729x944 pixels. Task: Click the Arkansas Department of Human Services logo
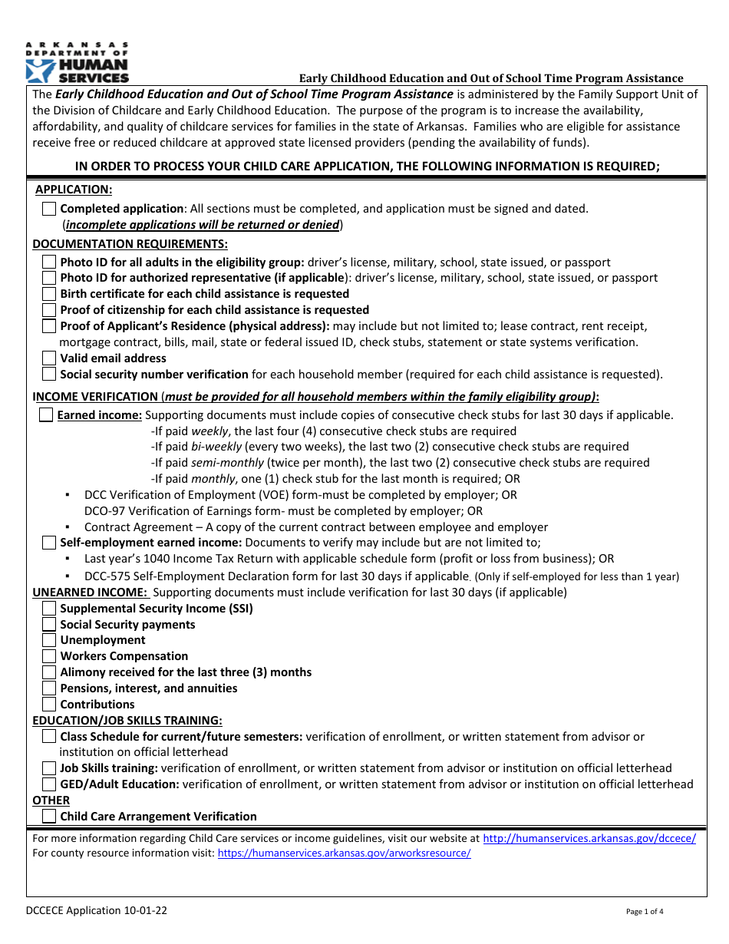click(x=77, y=63)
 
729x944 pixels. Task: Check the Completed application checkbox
click(x=49, y=209)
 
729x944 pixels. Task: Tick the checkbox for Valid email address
click(x=49, y=358)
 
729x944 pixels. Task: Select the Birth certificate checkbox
click(x=49, y=294)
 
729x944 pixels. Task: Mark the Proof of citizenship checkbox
click(x=49, y=310)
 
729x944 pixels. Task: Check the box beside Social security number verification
click(x=49, y=375)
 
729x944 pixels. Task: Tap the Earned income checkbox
click(x=46, y=415)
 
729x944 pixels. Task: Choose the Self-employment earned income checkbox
click(x=49, y=543)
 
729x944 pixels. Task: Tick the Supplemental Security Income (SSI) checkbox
click(x=49, y=609)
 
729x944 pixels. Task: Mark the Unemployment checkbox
click(x=49, y=640)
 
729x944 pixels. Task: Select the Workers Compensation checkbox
click(x=49, y=656)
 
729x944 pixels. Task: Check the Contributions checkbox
click(x=49, y=705)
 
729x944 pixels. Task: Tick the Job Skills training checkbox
click(x=49, y=768)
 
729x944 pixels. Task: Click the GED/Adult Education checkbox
click(x=49, y=784)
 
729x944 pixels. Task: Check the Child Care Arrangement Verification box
click(x=49, y=817)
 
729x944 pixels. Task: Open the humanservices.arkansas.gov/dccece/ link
click(x=589, y=839)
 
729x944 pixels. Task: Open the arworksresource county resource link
click(x=344, y=853)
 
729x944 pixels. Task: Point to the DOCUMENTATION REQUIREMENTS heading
click(x=130, y=244)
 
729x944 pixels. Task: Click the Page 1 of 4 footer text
click(x=645, y=912)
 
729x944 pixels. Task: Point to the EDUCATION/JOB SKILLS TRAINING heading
click(x=127, y=720)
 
